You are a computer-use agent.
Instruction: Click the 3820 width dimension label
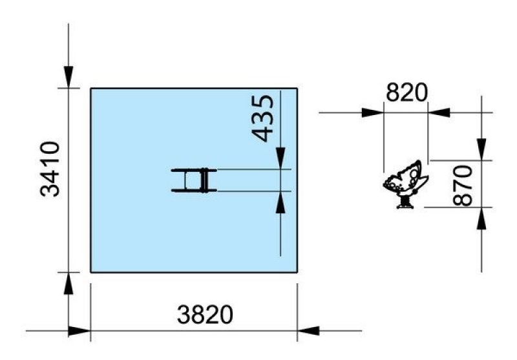205,315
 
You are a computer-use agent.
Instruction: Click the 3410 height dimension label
50,169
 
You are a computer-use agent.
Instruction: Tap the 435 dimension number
263,118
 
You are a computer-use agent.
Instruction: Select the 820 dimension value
406,92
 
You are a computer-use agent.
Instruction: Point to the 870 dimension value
463,185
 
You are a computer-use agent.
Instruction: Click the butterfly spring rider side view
406,184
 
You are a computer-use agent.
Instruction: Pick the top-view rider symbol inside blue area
194,180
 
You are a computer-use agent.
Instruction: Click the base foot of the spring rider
405,206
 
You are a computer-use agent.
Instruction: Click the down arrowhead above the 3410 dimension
69,77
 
